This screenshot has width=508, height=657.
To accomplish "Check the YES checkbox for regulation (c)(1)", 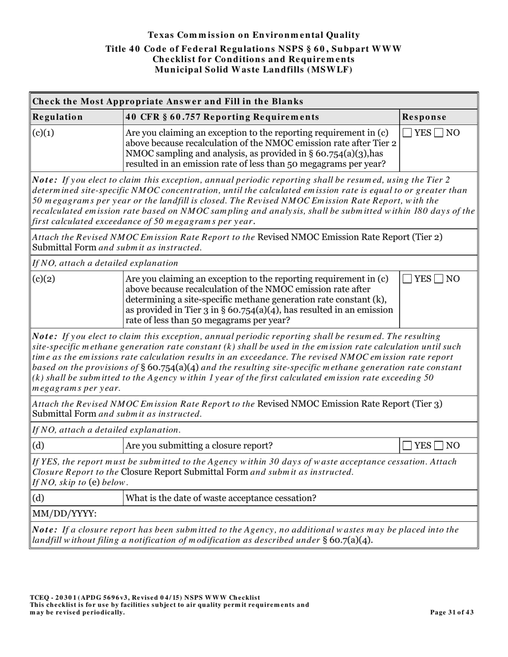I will (x=407, y=133).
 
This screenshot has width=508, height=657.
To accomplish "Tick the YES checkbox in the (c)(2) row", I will (x=407, y=279).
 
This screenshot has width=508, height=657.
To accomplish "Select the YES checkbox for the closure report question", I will (x=407, y=445).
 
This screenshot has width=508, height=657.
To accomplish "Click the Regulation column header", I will (x=58, y=117).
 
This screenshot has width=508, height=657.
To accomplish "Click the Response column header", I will (x=424, y=117).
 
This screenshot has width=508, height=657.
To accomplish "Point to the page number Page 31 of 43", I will (x=452, y=612).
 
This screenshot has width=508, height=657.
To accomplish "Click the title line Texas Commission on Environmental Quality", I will (x=253, y=35).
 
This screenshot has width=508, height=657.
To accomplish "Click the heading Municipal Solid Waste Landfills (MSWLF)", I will (x=253, y=69).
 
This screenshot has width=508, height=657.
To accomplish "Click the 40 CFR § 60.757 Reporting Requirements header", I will (x=222, y=117).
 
